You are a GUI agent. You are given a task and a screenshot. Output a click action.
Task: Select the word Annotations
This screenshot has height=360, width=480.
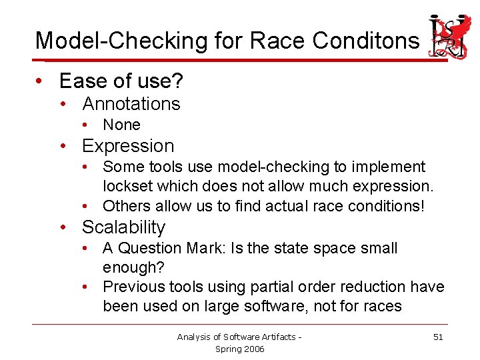(131, 104)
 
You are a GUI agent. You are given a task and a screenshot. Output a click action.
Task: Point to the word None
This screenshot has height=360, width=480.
(121, 125)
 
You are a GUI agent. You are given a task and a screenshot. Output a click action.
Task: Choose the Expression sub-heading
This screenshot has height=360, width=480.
(127, 146)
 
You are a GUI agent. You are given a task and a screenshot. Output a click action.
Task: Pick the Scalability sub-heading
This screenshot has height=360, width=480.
(123, 227)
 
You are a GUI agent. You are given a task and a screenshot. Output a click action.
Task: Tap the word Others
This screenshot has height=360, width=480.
(125, 205)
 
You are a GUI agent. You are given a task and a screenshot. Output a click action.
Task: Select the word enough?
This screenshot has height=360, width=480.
(133, 267)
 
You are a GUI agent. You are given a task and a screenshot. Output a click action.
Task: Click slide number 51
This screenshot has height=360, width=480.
(438, 337)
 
